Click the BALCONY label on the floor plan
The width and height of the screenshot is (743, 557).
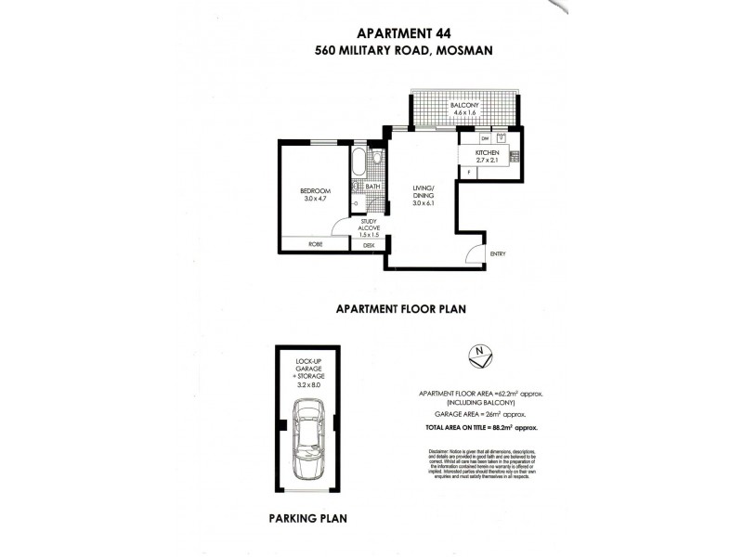point(464,105)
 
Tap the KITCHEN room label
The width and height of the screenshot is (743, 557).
point(488,152)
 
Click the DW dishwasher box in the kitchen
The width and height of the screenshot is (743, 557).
point(472,138)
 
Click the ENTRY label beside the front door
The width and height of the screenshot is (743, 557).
point(498,253)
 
